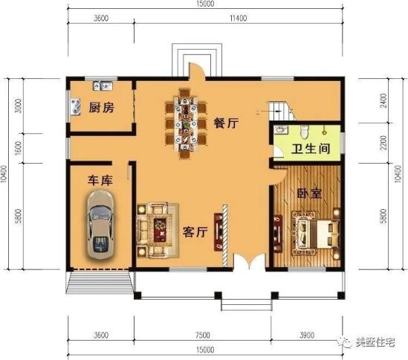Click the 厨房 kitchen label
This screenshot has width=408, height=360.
(x=101, y=108)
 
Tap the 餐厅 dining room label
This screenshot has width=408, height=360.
(x=225, y=124)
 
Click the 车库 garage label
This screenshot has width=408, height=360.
(x=100, y=180)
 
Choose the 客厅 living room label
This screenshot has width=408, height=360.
(x=194, y=232)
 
